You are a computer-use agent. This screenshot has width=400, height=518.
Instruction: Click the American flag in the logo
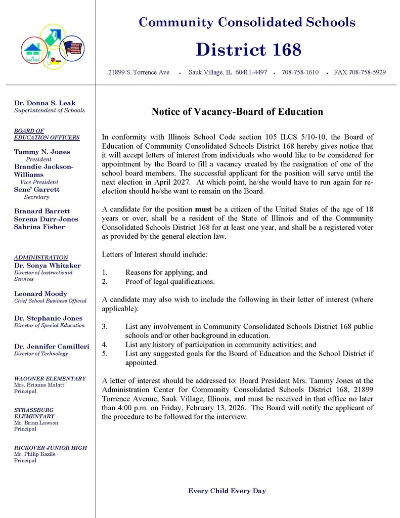(73, 48)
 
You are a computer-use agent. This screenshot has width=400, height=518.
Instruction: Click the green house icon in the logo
(32, 51)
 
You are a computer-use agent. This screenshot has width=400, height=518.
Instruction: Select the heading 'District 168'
(248, 50)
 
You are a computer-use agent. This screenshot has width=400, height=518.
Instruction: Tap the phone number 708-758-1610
(300, 72)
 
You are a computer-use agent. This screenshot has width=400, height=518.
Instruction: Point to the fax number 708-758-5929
(360, 72)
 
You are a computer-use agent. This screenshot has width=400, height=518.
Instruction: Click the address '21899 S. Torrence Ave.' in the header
(140, 72)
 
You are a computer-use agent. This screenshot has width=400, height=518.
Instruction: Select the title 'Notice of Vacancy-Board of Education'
(237, 112)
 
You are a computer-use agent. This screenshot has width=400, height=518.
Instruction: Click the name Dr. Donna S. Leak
(45, 103)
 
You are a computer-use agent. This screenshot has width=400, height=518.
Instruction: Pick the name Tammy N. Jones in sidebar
(42, 152)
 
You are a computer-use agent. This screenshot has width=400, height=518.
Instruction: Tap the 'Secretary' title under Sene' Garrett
(36, 197)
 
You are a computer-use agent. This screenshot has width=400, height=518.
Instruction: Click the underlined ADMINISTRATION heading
(41, 257)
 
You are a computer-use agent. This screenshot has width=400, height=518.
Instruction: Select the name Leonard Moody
(40, 294)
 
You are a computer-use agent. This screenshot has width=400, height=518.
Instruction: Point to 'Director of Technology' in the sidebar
(41, 354)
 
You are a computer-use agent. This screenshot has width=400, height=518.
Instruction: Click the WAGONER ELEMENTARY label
(50, 378)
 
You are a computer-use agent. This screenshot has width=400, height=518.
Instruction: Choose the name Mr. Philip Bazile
(35, 454)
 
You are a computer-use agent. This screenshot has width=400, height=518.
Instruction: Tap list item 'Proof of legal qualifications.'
(170, 281)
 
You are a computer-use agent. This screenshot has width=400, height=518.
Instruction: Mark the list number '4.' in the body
(105, 344)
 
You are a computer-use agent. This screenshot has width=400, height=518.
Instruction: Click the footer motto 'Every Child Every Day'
(227, 491)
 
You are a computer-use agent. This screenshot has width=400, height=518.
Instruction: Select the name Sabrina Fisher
(39, 227)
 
